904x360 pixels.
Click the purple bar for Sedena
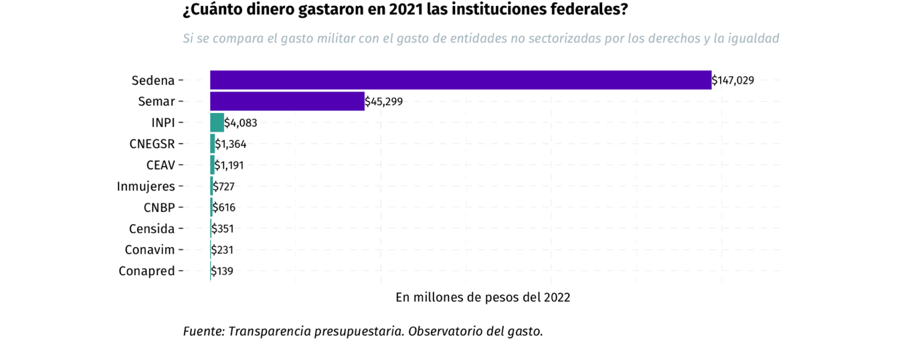click(460, 80)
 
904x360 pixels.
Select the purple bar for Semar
click(287, 102)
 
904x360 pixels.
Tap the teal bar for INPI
click(217, 122)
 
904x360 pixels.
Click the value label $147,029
click(733, 80)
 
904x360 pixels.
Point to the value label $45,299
click(384, 102)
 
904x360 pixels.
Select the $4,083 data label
click(241, 122)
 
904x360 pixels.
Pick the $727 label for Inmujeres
click(223, 186)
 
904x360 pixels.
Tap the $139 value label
click(222, 271)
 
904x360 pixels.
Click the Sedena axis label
click(153, 80)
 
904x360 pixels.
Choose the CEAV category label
click(161, 165)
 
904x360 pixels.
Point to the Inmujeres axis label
click(146, 186)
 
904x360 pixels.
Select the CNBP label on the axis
click(159, 207)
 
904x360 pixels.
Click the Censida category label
click(152, 229)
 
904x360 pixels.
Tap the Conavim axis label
click(150, 250)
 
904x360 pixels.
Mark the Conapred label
click(147, 271)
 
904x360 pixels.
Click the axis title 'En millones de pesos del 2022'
click(482, 297)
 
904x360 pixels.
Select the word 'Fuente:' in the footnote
click(203, 331)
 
